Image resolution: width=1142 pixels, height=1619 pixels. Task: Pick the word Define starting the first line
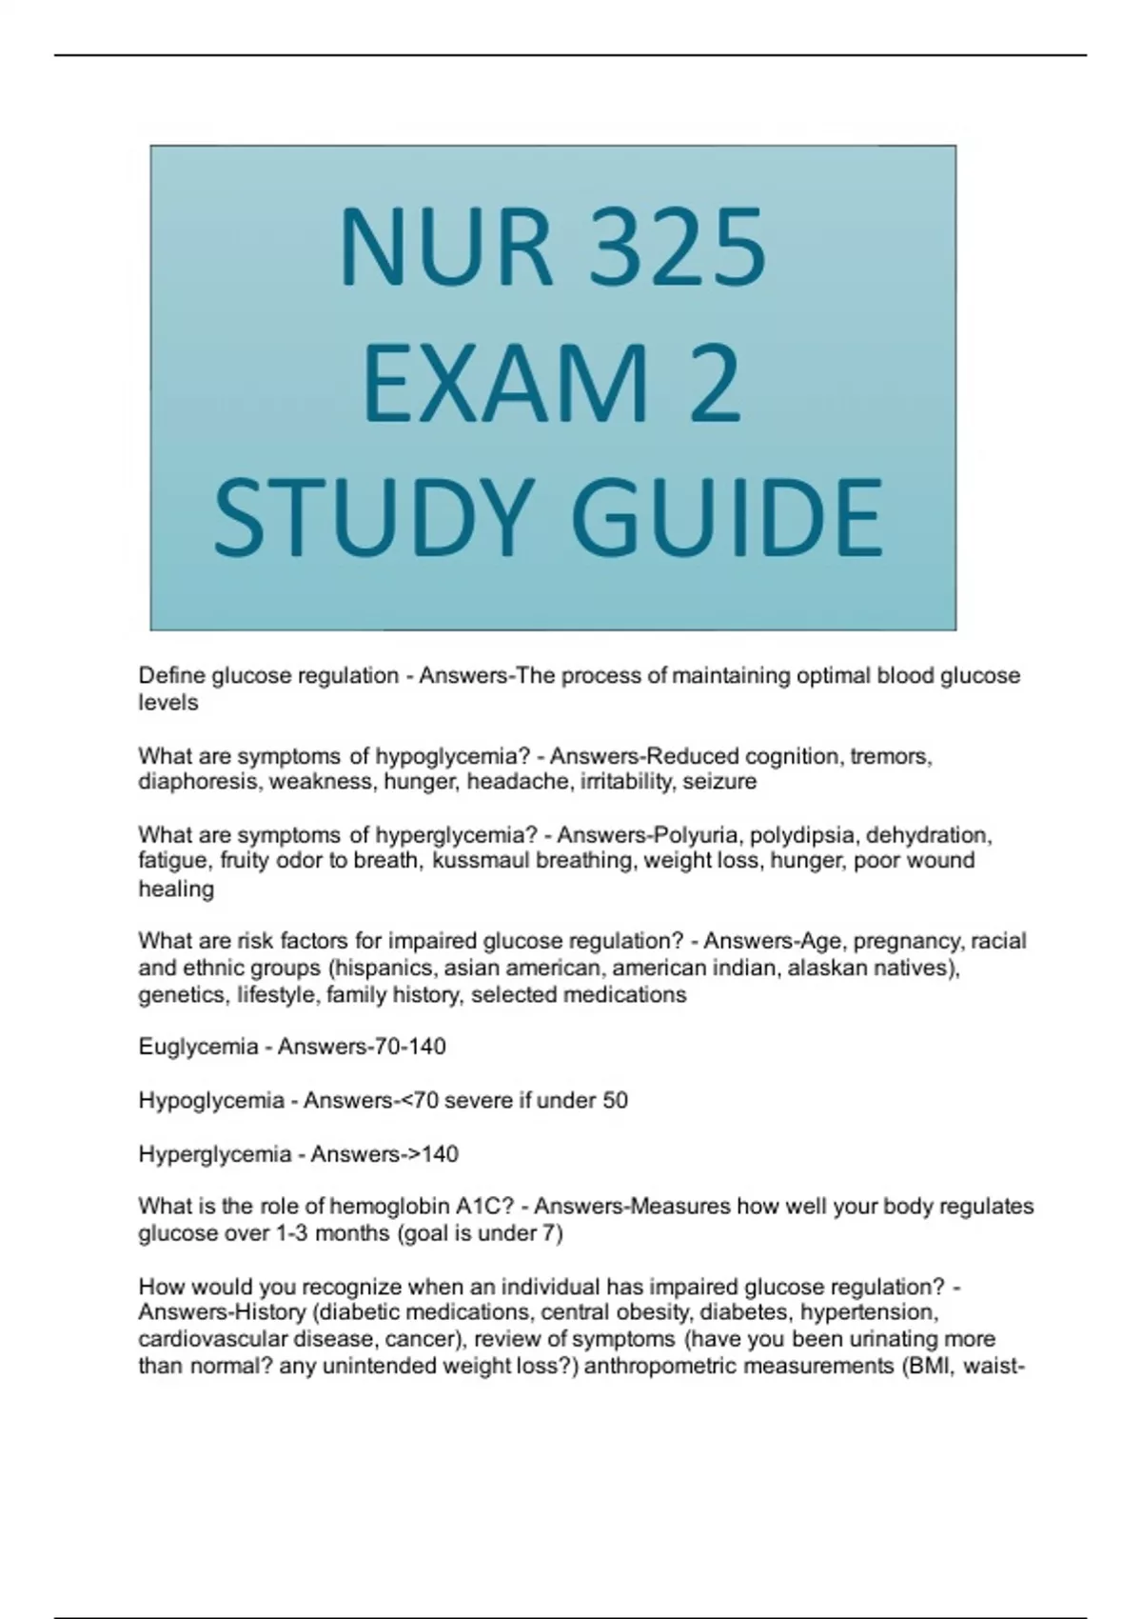pyautogui.click(x=171, y=676)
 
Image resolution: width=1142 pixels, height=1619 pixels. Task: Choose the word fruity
pyautogui.click(x=246, y=861)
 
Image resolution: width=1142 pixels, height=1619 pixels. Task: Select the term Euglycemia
pyautogui.click(x=198, y=1047)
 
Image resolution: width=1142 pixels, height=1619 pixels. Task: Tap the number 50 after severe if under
pyautogui.click(x=615, y=1101)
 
